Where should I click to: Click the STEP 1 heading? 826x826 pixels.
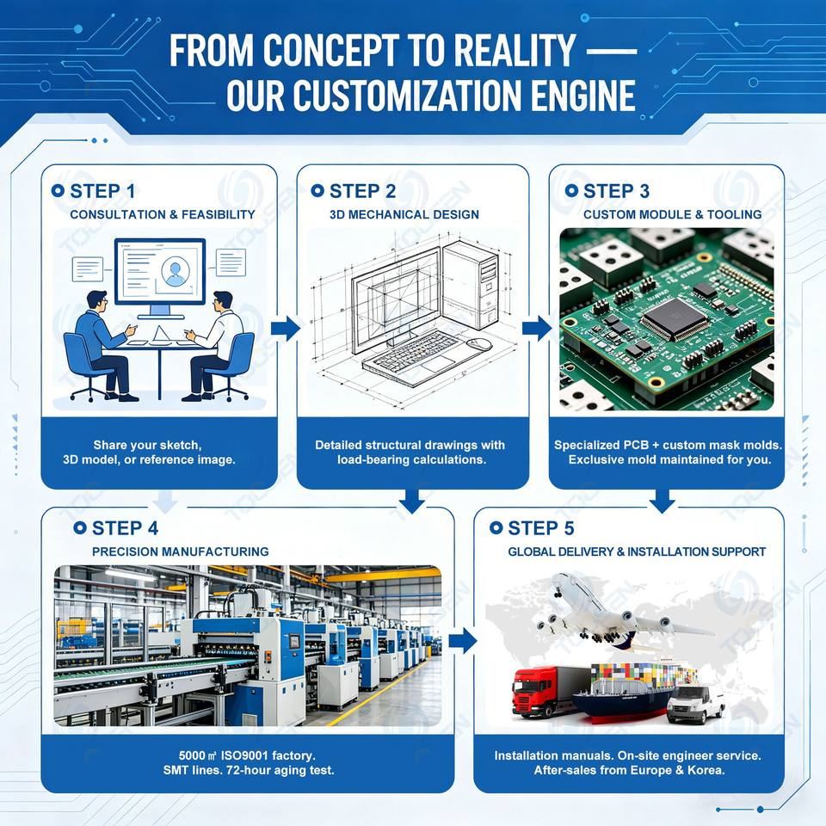[102, 191]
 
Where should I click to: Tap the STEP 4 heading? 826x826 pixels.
[125, 528]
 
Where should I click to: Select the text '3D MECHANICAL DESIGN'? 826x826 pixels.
[404, 215]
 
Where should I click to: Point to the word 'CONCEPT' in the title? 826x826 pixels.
[330, 51]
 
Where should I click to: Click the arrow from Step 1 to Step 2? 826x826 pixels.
[285, 328]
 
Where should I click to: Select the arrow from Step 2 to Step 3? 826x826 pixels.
[537, 328]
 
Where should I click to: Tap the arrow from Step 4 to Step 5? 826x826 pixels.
[463, 641]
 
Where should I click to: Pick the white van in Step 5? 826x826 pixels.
[696, 703]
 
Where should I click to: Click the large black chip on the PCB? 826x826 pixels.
[676, 317]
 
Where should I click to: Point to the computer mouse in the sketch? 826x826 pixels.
[479, 344]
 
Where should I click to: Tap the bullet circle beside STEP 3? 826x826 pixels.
[571, 191]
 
